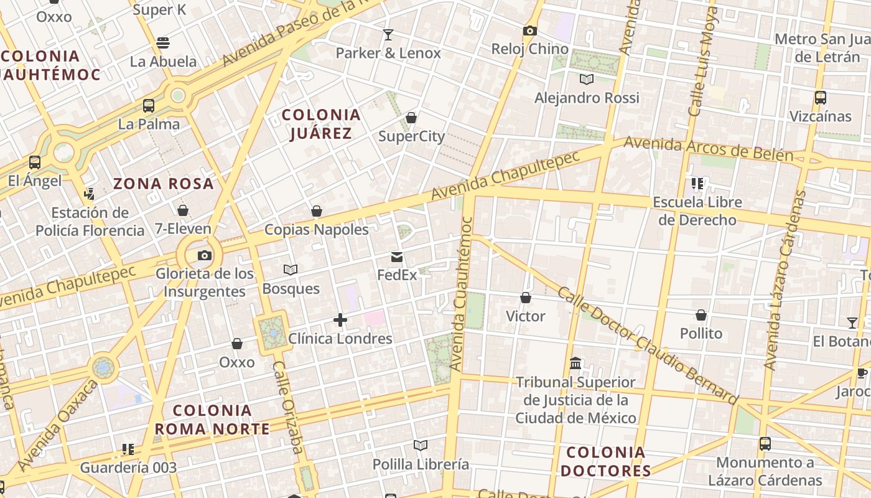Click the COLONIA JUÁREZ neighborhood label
(321, 123)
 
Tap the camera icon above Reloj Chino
(529, 31)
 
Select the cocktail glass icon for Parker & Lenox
(388, 35)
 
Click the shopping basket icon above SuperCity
(411, 118)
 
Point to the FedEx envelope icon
(397, 257)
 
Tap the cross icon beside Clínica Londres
(340, 320)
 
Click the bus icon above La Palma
(149, 105)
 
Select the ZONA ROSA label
(164, 184)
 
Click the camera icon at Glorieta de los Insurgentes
(204, 255)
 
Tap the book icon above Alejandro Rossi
(586, 79)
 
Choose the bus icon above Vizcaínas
(820, 98)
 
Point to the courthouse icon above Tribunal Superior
(575, 363)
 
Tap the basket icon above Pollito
(701, 315)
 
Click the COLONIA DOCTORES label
(605, 461)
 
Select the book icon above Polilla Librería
(421, 445)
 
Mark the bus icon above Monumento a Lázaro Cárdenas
(765, 444)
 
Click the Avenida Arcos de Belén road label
(708, 148)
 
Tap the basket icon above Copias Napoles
(317, 211)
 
